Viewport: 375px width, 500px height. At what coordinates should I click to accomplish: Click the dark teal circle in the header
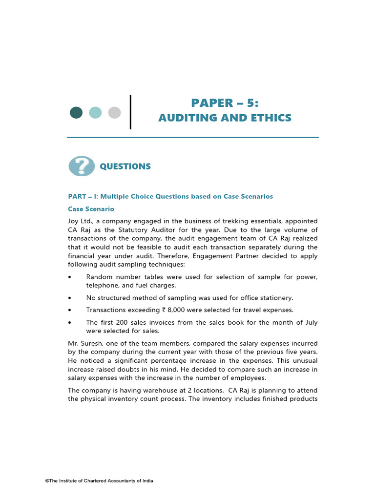[76, 113]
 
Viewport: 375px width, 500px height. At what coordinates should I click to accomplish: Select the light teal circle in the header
[96, 113]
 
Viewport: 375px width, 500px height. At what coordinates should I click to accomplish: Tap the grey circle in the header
[114, 113]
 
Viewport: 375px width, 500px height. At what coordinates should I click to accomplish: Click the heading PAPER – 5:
[225, 103]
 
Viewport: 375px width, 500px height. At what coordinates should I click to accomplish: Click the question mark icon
[82, 166]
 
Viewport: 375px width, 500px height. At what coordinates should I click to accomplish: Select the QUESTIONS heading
[125, 167]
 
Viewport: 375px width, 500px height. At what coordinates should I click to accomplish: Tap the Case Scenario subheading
[91, 209]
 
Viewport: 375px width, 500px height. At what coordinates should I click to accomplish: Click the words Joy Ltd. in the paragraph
[79, 221]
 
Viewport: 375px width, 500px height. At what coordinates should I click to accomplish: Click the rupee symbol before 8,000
[164, 310]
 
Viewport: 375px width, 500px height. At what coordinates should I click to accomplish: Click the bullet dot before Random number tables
[70, 277]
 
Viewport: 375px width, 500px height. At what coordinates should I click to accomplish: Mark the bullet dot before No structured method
[70, 298]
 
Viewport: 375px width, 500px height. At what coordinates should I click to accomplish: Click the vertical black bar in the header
[130, 112]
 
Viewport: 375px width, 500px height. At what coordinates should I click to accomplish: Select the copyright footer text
[99, 481]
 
